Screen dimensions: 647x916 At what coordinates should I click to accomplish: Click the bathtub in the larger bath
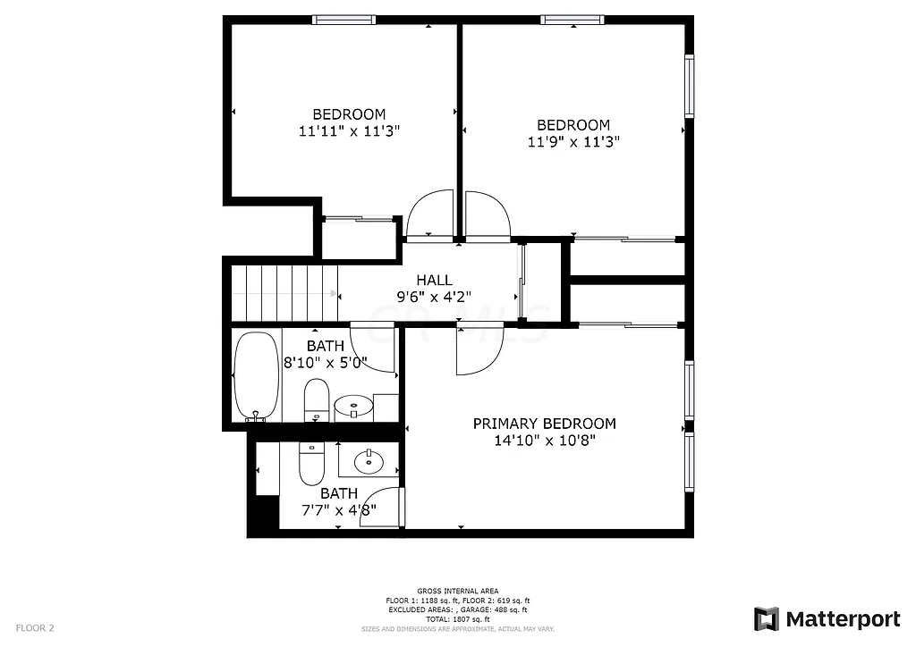pyautogui.click(x=257, y=376)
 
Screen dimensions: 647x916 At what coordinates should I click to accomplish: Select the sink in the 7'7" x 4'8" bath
pyautogui.click(x=368, y=462)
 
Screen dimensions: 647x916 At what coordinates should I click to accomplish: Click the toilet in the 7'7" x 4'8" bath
pyautogui.click(x=310, y=462)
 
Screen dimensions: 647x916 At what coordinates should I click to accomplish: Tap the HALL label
pyautogui.click(x=434, y=280)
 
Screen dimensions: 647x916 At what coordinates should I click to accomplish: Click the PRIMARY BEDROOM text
pyautogui.click(x=544, y=424)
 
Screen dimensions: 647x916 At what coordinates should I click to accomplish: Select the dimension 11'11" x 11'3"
pyautogui.click(x=349, y=130)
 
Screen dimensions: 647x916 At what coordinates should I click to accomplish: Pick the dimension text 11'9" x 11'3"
pyautogui.click(x=573, y=141)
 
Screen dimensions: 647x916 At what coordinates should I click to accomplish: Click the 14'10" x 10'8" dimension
pyautogui.click(x=544, y=440)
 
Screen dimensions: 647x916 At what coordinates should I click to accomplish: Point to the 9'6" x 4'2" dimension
pyautogui.click(x=434, y=296)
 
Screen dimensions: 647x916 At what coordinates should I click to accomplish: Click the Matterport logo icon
pyautogui.click(x=766, y=618)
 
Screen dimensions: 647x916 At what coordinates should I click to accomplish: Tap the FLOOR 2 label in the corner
pyautogui.click(x=35, y=628)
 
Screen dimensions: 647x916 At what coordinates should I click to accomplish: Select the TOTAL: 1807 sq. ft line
pyautogui.click(x=458, y=618)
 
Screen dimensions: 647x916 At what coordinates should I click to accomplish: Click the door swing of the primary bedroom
pyautogui.click(x=476, y=350)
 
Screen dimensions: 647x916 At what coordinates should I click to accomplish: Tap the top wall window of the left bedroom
pyautogui.click(x=343, y=20)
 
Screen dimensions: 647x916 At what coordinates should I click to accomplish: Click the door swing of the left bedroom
pyautogui.click(x=430, y=216)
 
